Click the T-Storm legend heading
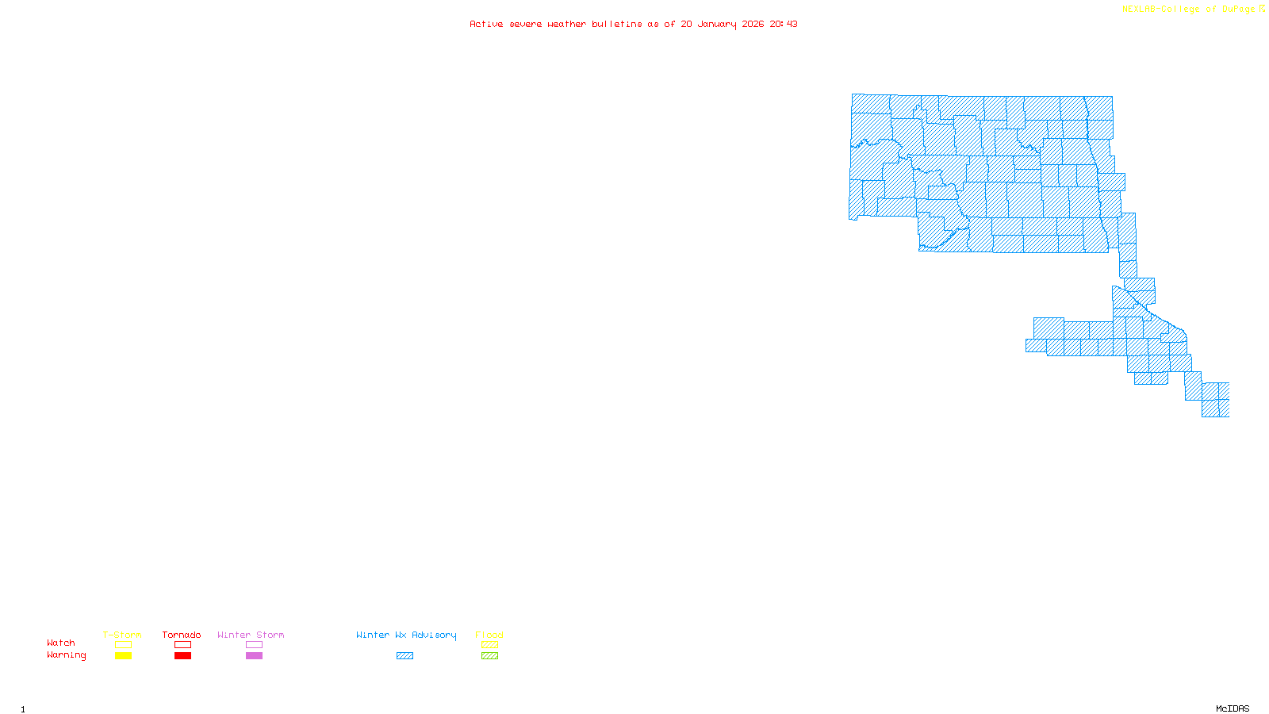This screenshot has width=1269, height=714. coord(122,635)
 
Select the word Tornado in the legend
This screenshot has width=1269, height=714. coord(182,635)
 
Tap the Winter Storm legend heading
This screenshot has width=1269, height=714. coord(251,635)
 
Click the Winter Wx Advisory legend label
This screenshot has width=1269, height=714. coord(406,635)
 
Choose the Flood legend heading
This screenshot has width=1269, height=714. coord(489,635)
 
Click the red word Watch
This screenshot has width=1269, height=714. coord(61,643)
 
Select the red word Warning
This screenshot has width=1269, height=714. coord(67,655)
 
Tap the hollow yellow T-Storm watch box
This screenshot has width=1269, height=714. coord(123,645)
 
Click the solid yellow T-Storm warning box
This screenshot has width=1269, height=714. coord(123,656)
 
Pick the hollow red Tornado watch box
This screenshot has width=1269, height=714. coord(183,645)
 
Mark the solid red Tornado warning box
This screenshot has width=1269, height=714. coord(183,656)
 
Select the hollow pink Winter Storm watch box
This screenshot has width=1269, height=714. coord(254,645)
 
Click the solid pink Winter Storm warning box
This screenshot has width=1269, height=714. coord(254,656)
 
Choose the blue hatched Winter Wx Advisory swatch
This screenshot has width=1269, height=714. coord(404,656)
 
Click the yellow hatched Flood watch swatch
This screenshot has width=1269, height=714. coord(490,645)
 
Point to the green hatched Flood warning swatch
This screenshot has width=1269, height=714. coord(490,656)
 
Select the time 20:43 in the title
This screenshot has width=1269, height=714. coord(784,24)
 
